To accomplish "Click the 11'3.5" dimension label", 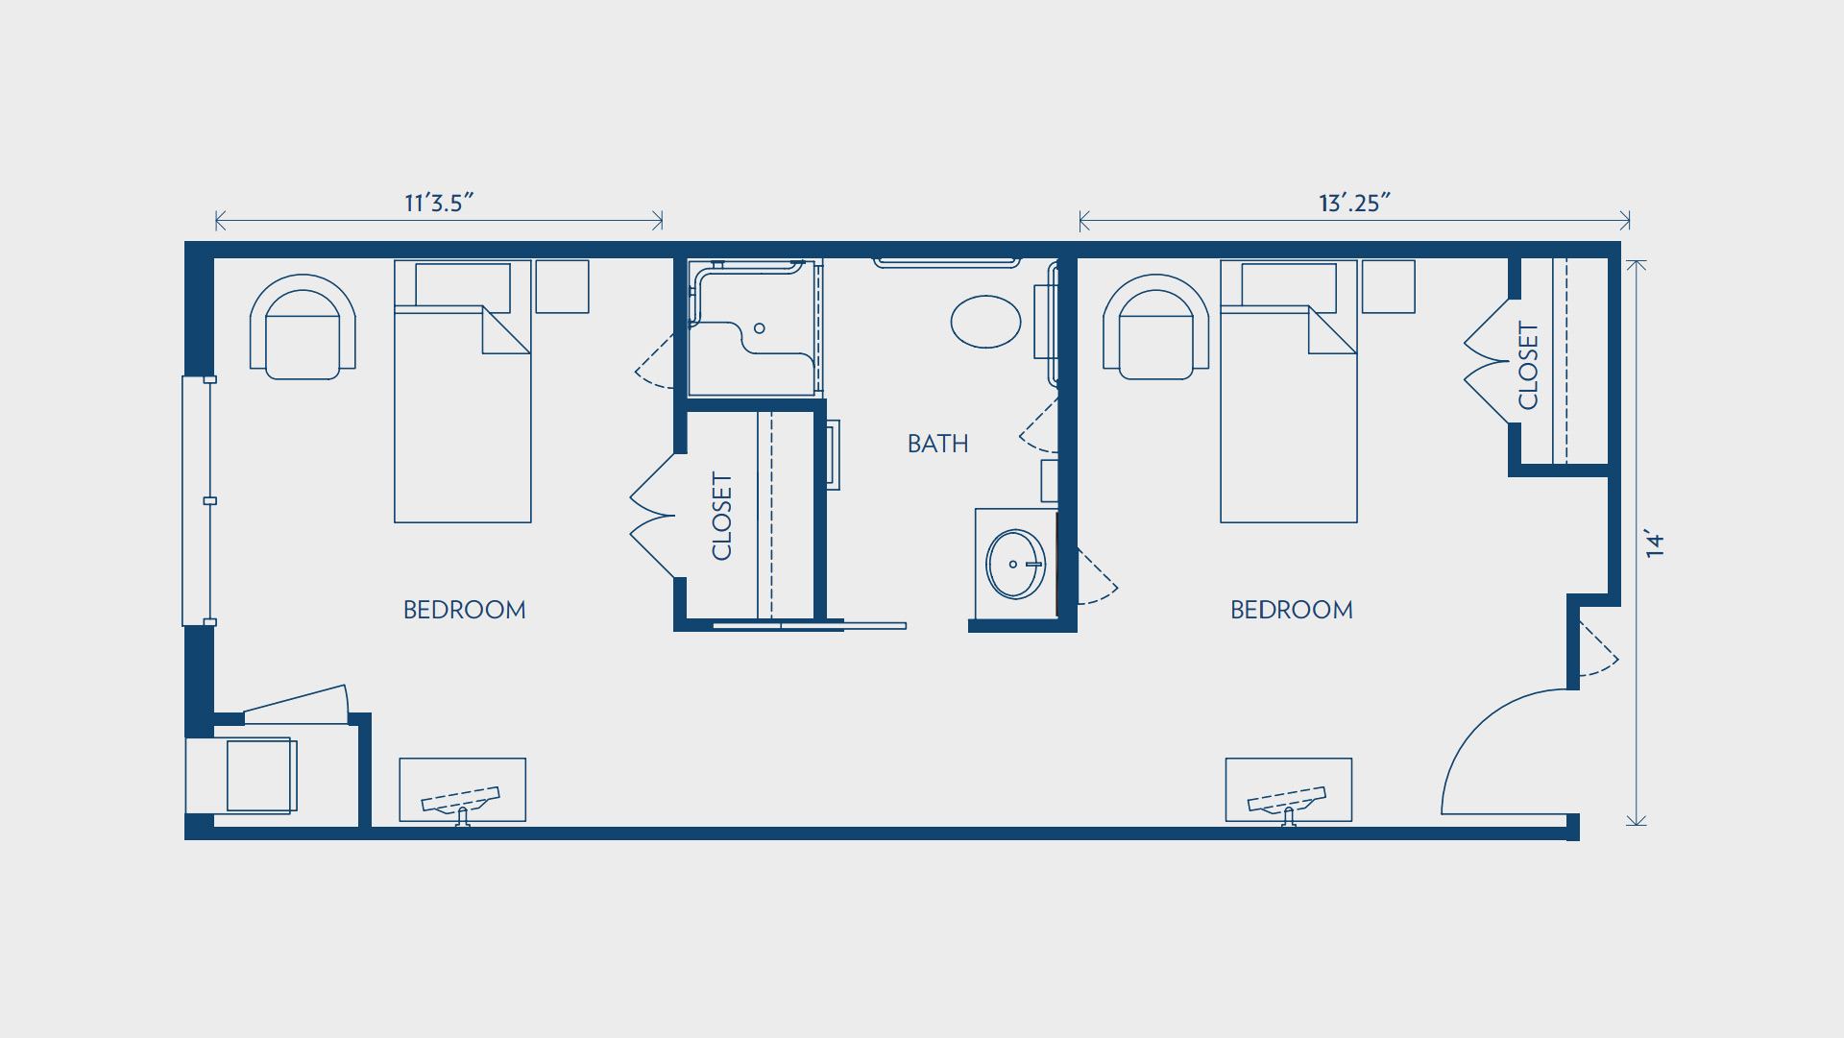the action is click(x=439, y=203).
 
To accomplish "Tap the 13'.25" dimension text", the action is click(x=1354, y=203).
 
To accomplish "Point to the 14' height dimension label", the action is click(x=1654, y=543).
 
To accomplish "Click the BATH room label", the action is click(x=937, y=444).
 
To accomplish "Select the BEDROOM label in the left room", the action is click(x=464, y=610).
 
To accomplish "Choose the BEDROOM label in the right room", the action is click(x=1291, y=610).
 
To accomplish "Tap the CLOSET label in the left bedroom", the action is click(x=721, y=516).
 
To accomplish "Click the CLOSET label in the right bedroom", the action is click(x=1528, y=366).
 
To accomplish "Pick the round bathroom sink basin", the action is click(x=1015, y=565).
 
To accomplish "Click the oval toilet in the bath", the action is click(x=985, y=322).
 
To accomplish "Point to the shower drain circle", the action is click(x=760, y=328).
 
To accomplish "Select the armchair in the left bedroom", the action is click(x=303, y=327).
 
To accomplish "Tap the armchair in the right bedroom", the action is click(x=1155, y=327).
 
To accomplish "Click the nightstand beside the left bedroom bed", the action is click(x=562, y=286).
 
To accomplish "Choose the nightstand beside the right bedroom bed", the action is click(x=1388, y=286).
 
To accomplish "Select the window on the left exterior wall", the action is click(x=197, y=500).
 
